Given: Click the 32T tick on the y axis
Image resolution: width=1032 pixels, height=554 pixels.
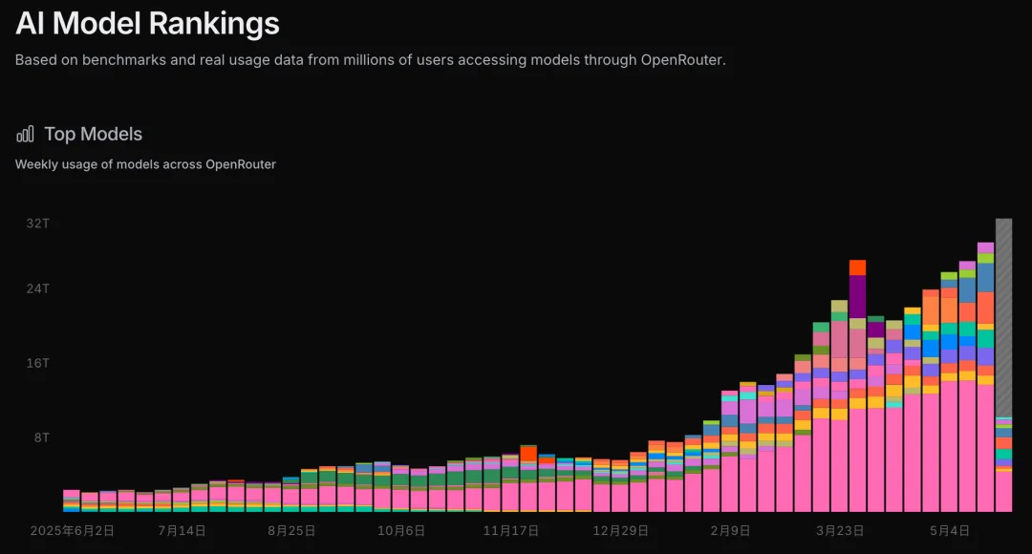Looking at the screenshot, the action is pos(37,224).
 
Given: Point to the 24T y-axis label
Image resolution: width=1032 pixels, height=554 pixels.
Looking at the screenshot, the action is pos(37,288).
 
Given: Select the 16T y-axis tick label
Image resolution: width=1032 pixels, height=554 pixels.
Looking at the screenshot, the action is pos(37,363).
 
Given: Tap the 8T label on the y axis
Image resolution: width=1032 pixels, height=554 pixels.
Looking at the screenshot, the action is pos(41,437).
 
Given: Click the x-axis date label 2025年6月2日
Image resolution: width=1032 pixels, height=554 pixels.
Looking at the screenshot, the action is pos(73,530).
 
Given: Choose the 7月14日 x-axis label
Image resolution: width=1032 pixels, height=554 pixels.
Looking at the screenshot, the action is pos(182,530).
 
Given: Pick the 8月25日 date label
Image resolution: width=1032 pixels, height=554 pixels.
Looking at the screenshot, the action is pos(291,530).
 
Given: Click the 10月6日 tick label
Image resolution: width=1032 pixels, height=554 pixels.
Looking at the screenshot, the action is pos(400,530).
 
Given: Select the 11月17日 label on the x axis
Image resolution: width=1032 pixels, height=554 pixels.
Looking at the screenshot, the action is pos(510,530).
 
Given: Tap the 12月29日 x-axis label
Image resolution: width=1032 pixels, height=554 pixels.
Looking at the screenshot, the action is pos(621,530).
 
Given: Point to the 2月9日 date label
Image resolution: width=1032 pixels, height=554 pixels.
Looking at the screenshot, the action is pos(730,530).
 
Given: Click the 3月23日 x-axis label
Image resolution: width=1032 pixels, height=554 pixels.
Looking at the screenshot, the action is pos(840,530).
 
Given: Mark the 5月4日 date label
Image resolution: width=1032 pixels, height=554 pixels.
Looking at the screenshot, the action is pos(949,530).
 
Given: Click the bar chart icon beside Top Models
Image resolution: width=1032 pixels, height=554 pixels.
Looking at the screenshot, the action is pos(25,135).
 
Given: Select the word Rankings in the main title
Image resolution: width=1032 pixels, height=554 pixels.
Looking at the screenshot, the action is pos(214,24).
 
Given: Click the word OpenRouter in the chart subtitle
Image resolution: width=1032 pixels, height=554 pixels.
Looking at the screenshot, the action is pos(241,164).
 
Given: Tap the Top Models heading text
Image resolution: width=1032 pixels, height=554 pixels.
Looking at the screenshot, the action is pos(93,135).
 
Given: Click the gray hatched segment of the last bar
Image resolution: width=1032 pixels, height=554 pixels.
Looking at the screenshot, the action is pos(1003,318).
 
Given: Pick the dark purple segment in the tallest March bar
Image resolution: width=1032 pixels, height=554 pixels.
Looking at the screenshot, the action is pos(857,296).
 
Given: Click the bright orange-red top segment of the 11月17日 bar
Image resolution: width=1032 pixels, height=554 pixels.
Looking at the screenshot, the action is pos(528,454).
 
